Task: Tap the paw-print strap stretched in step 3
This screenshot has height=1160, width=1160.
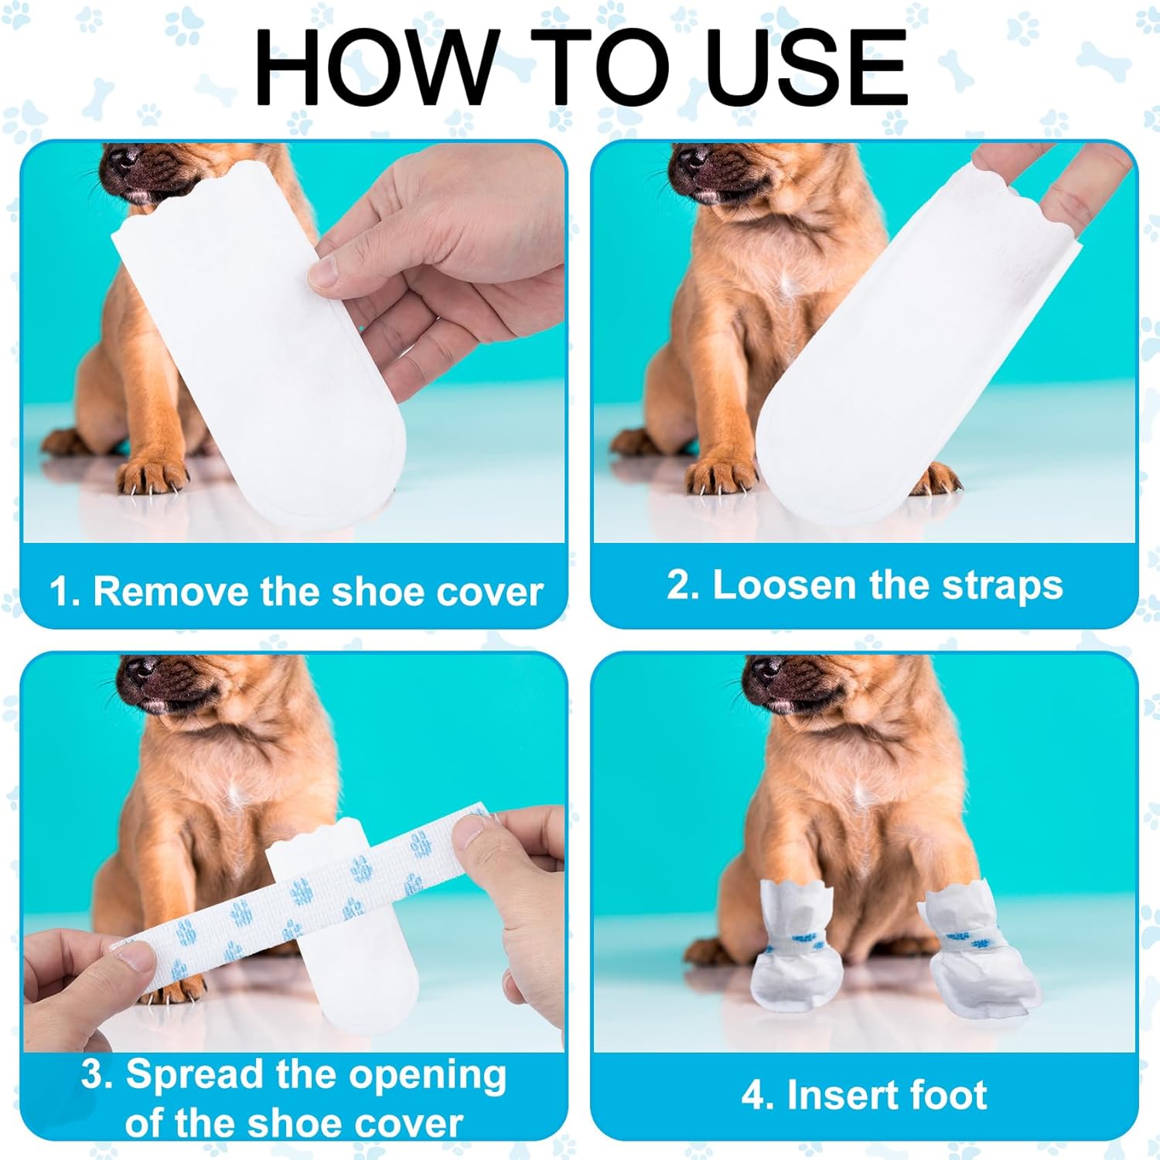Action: [302, 897]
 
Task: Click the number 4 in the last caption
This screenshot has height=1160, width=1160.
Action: [752, 1096]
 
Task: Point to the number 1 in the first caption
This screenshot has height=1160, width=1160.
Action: [59, 592]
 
